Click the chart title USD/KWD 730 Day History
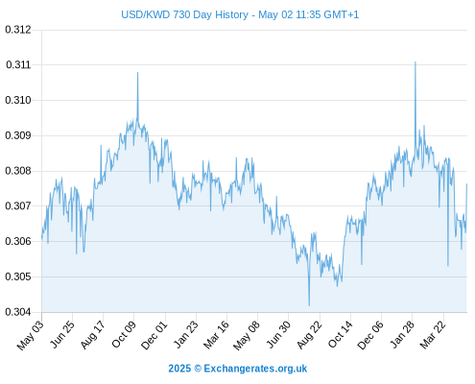point(184,14)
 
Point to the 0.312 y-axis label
point(18,30)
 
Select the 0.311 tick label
point(18,64)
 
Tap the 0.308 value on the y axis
point(18,171)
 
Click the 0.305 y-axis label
point(18,276)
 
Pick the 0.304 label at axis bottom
point(18,311)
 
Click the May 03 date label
point(31,335)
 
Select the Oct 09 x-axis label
point(124,334)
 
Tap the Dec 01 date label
point(154,335)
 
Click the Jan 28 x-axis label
point(402,334)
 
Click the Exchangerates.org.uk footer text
point(255,369)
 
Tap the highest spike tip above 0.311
point(416,61)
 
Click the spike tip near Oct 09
point(138,72)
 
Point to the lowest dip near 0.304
point(309,305)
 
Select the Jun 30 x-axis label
point(278,334)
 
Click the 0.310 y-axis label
point(18,100)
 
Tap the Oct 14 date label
point(341,334)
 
